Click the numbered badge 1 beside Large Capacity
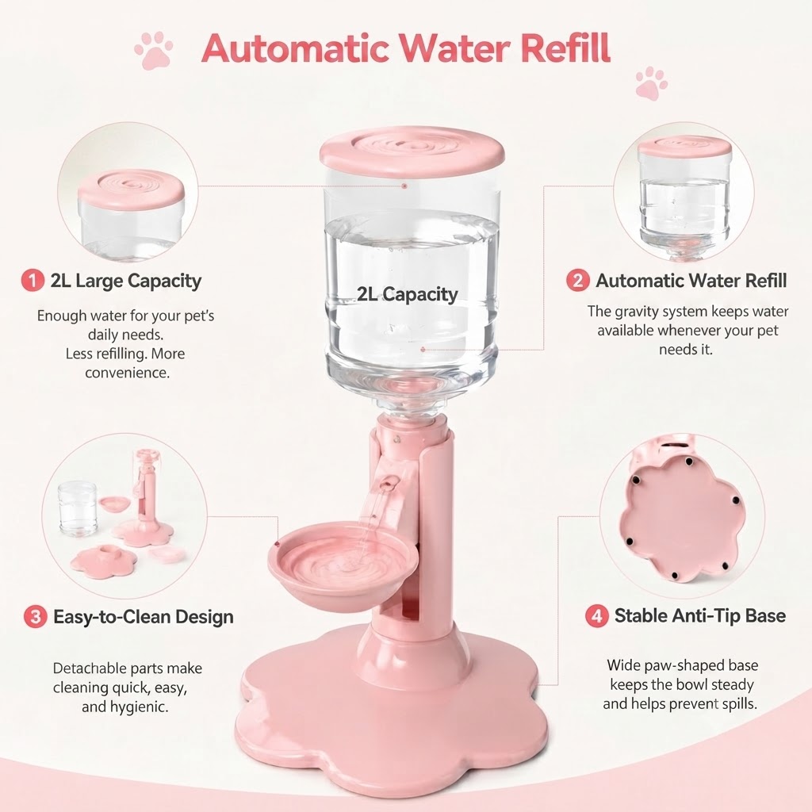(x=32, y=281)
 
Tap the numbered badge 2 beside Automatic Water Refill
(x=578, y=280)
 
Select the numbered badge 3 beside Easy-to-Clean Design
(x=35, y=617)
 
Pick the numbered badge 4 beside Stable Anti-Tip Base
(x=596, y=615)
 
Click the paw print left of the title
(x=153, y=50)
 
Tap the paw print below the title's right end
(x=652, y=82)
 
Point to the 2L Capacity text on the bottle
(x=408, y=294)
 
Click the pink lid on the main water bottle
(x=412, y=149)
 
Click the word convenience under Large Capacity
(x=128, y=373)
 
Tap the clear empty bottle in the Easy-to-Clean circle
(x=78, y=508)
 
